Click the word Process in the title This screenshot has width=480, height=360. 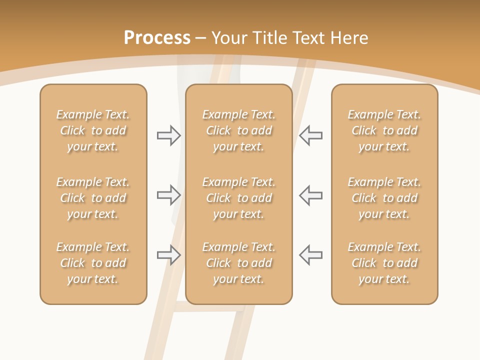157,38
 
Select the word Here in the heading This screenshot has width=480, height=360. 348,38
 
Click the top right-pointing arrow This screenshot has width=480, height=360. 169,135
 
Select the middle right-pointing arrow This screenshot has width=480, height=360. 169,195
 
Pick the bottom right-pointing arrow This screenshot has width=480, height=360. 169,255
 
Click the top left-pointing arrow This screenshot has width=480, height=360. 310,135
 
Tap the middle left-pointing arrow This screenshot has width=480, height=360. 310,195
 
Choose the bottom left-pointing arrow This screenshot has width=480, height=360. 310,255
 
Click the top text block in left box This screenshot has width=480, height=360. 93,130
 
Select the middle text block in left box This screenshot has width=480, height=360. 93,198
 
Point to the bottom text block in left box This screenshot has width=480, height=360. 93,263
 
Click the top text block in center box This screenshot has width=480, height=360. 238,130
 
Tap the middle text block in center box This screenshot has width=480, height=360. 238,198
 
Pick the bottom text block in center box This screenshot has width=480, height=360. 238,263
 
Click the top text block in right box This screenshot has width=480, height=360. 384,130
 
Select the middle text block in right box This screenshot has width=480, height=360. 384,198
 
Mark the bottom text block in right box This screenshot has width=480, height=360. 384,263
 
